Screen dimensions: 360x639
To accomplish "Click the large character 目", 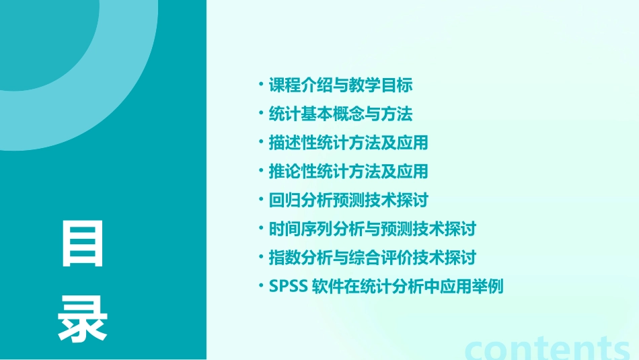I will pos(83,244).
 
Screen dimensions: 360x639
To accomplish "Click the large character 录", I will pos(83,320).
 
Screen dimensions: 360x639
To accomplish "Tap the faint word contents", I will pos(547,348).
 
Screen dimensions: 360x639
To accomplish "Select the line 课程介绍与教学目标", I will pos(340,86).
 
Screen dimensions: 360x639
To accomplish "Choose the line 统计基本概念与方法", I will pos(340,114).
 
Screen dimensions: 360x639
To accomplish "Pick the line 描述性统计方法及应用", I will pos(348,143).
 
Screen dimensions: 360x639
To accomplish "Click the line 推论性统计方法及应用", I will pos(348,172).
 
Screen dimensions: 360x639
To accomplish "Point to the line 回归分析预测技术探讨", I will pos(348,201).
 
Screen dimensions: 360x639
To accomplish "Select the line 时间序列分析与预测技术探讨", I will pos(372,229).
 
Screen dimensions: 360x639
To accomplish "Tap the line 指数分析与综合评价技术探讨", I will pos(372,258).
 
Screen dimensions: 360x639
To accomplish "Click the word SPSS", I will pos(288,287).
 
